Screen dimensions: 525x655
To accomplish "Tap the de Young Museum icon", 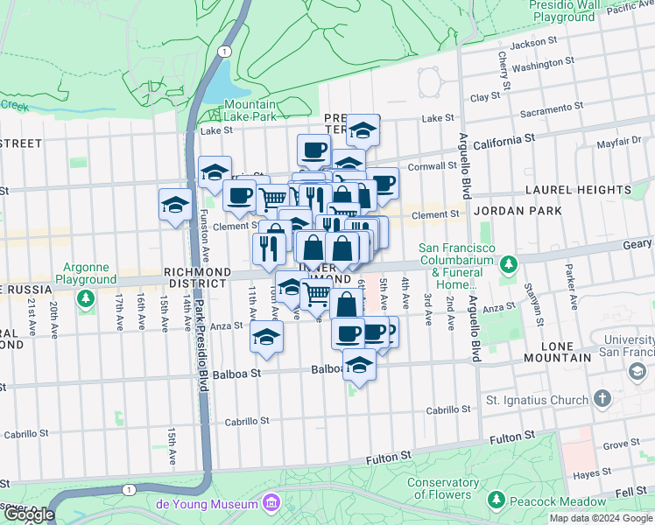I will click(271, 503).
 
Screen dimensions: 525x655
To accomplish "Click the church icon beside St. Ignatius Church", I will click(602, 399).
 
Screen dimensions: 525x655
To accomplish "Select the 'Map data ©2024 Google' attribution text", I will click(600, 518).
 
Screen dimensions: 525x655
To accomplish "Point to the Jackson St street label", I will click(533, 42).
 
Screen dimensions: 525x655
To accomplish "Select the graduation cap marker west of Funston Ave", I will click(175, 206).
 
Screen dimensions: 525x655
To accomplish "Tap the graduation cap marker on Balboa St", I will click(358, 365).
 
